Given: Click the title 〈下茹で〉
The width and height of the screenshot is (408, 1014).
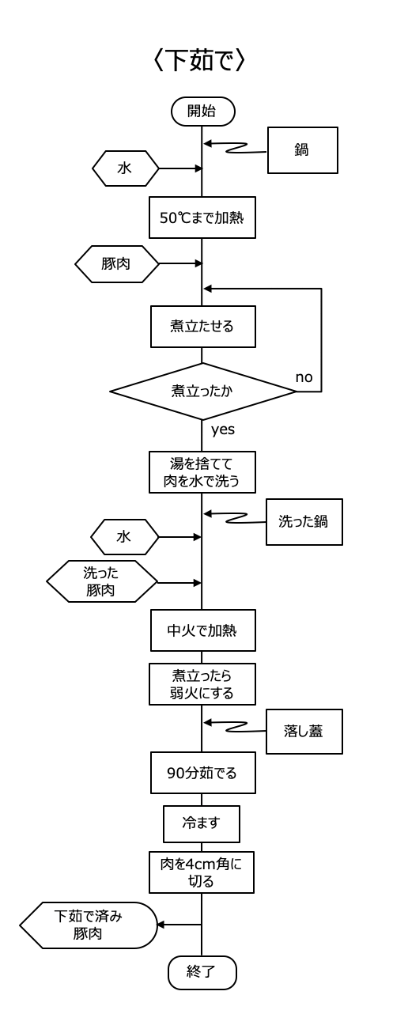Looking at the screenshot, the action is click(199, 60).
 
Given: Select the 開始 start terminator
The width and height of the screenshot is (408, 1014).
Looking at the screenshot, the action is click(202, 112).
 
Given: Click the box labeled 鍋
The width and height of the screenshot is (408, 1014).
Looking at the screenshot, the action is click(303, 150).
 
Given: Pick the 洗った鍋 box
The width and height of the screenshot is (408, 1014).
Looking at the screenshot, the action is click(304, 522).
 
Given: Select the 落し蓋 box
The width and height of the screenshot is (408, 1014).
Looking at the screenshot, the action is click(304, 732).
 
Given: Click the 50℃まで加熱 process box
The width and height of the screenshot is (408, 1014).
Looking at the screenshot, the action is click(202, 218).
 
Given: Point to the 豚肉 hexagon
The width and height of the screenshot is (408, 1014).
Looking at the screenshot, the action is click(117, 264).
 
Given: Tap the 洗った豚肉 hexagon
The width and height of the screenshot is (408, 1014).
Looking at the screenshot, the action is click(102, 581).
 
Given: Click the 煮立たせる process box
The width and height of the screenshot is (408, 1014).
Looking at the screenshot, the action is click(203, 327).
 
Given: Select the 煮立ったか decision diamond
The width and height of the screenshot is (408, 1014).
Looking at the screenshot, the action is click(202, 391).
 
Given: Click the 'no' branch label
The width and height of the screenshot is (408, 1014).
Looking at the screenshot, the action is click(304, 377).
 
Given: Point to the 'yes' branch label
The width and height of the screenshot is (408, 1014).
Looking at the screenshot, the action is click(223, 429).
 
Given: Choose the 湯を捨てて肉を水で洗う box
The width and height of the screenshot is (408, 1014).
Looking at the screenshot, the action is click(202, 472).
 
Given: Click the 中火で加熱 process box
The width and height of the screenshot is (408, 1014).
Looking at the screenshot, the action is click(203, 630).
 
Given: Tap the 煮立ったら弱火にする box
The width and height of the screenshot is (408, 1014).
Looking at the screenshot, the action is click(202, 684).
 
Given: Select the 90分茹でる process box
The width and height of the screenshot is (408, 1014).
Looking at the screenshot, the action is click(203, 774).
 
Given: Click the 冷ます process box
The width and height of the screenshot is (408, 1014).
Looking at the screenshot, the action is click(202, 824).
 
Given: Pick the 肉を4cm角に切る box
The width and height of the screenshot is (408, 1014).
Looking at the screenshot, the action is click(202, 872).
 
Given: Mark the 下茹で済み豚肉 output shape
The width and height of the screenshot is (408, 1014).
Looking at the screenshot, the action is click(89, 925).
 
